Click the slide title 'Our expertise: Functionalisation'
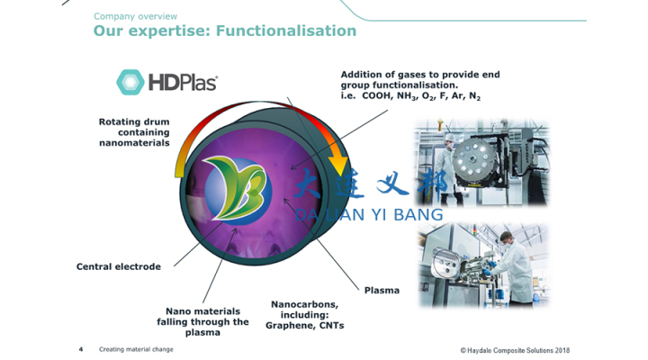coord(225,31)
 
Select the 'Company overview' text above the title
coord(135,16)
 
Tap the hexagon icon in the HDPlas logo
coord(130,82)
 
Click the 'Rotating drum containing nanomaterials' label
coord(135,131)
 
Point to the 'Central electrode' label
coord(119,266)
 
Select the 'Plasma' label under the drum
coord(382,290)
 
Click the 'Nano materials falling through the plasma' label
coord(202,321)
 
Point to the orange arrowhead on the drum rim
coord(338,163)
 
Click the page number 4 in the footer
coord(81,349)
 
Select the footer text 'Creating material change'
coord(136,349)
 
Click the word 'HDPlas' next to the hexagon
coord(184,82)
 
